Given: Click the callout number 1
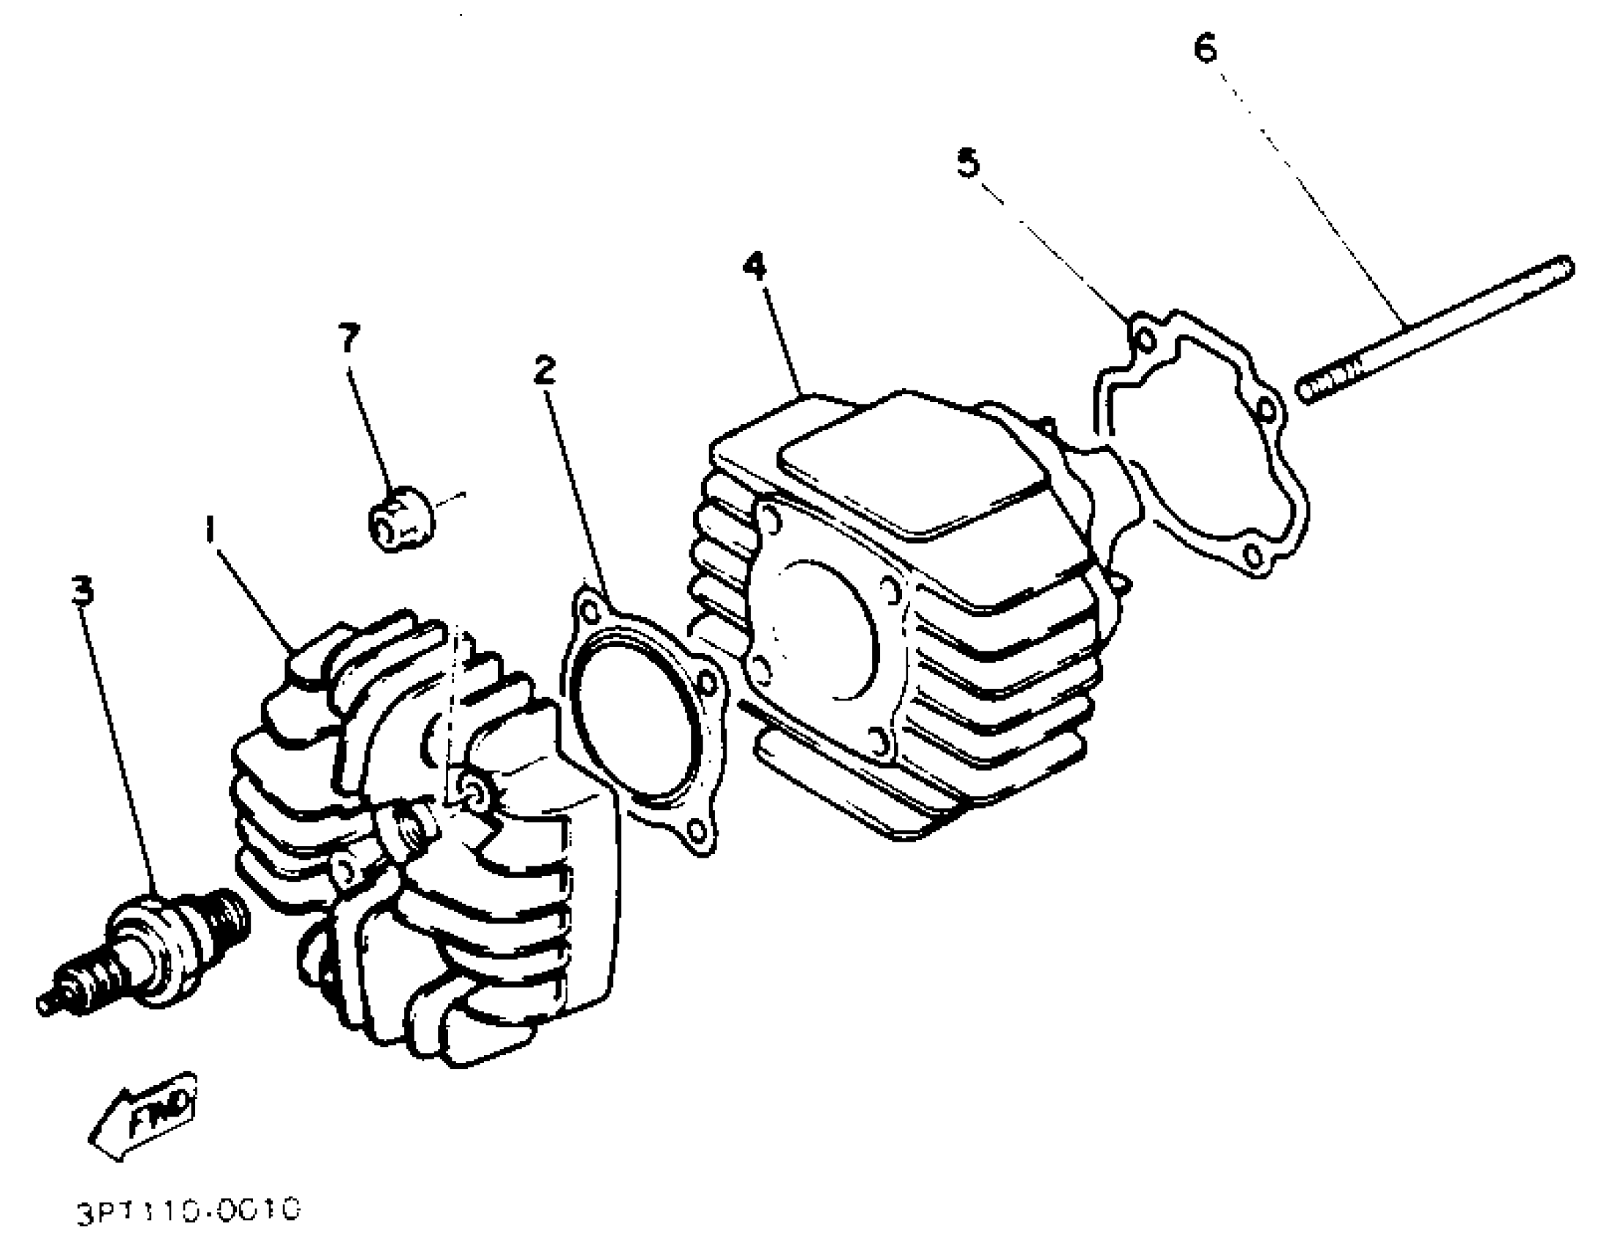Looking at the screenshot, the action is coord(211,529).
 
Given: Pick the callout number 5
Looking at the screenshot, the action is coord(969,162).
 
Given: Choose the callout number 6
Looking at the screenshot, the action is coord(1205,49).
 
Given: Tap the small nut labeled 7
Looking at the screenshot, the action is coord(401,518).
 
